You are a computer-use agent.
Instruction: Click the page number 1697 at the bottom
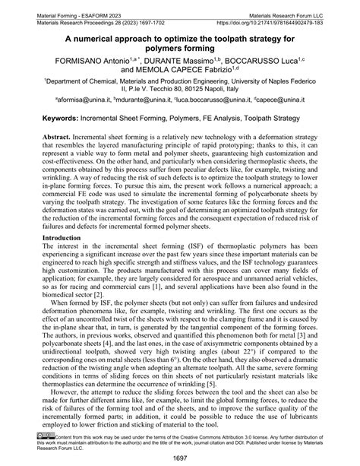coord(180,458)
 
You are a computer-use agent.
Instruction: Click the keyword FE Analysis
coord(227,119)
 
